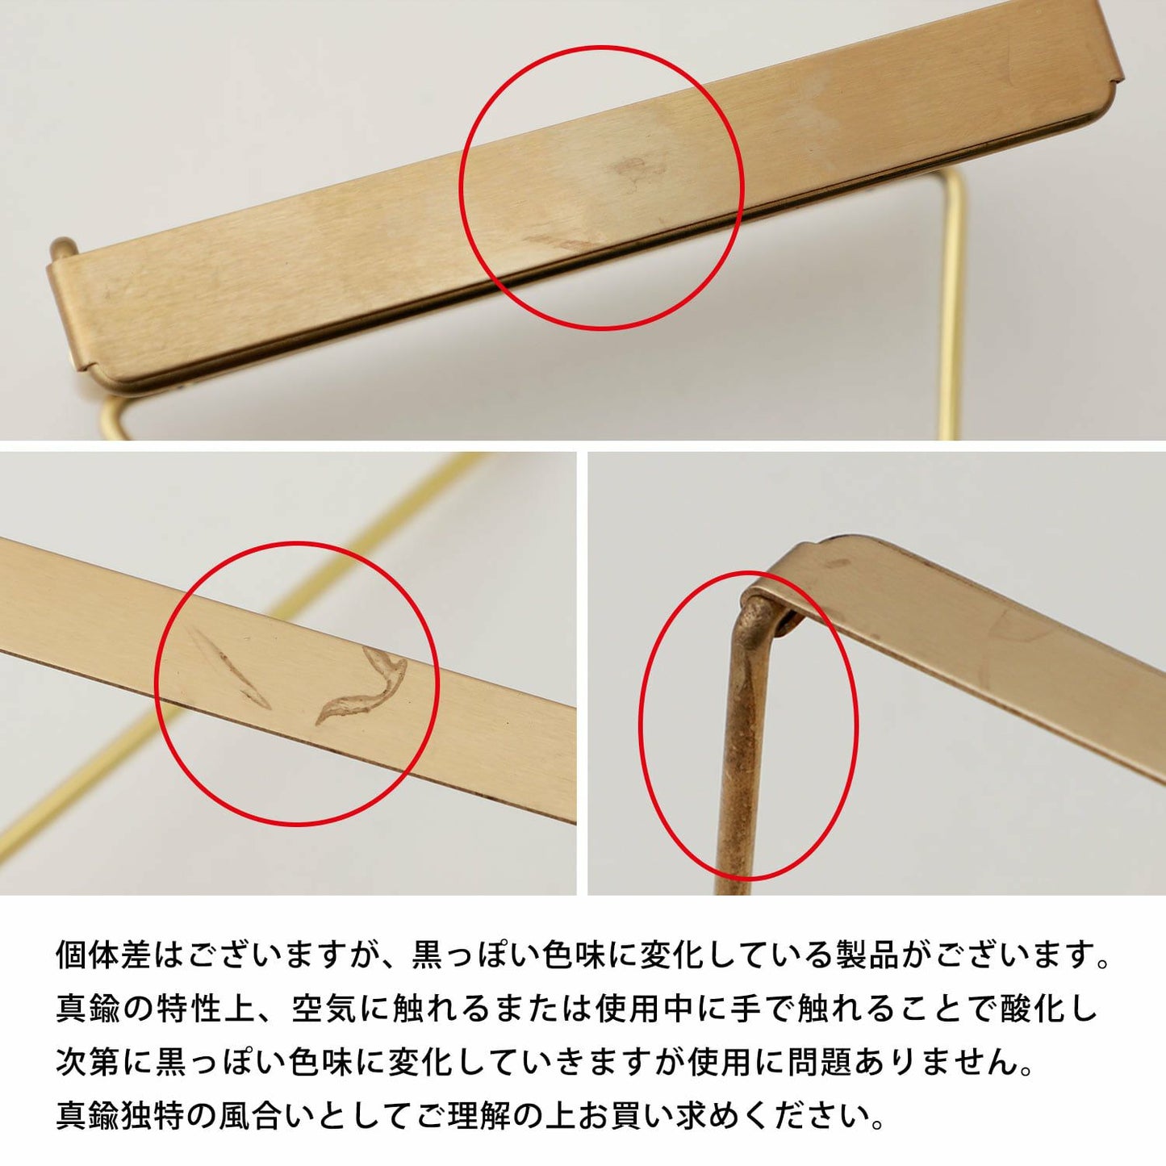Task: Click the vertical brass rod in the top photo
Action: (x=952, y=307)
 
